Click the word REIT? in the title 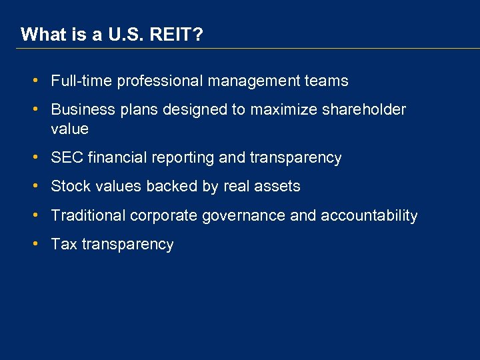coord(178,35)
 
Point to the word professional coord(160,81)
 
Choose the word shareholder coord(365,109)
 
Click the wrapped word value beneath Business coord(69,129)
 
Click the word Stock coord(70,187)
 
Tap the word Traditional coord(88,216)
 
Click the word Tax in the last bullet coord(64,245)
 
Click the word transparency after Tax coord(127,245)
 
